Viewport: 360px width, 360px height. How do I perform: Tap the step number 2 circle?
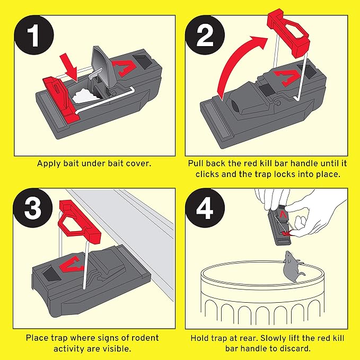coord(205,39)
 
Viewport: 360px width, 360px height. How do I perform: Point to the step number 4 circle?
coord(206,209)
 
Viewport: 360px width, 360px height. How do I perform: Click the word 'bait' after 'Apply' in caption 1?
coord(71,163)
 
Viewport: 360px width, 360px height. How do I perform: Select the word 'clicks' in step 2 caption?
coord(213,173)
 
